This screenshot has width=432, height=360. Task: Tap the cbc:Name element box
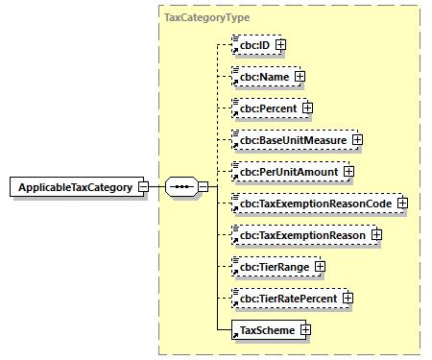click(x=262, y=75)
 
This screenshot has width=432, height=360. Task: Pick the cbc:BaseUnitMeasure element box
click(x=292, y=139)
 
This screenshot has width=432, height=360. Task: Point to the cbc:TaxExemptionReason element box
click(x=302, y=234)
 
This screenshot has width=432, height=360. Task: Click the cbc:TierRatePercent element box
click(x=289, y=299)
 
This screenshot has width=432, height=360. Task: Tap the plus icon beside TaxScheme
click(x=305, y=330)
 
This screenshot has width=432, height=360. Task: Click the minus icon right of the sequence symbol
click(x=203, y=186)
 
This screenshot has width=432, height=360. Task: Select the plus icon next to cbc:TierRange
click(x=320, y=266)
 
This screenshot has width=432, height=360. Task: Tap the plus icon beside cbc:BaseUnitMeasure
click(x=357, y=139)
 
